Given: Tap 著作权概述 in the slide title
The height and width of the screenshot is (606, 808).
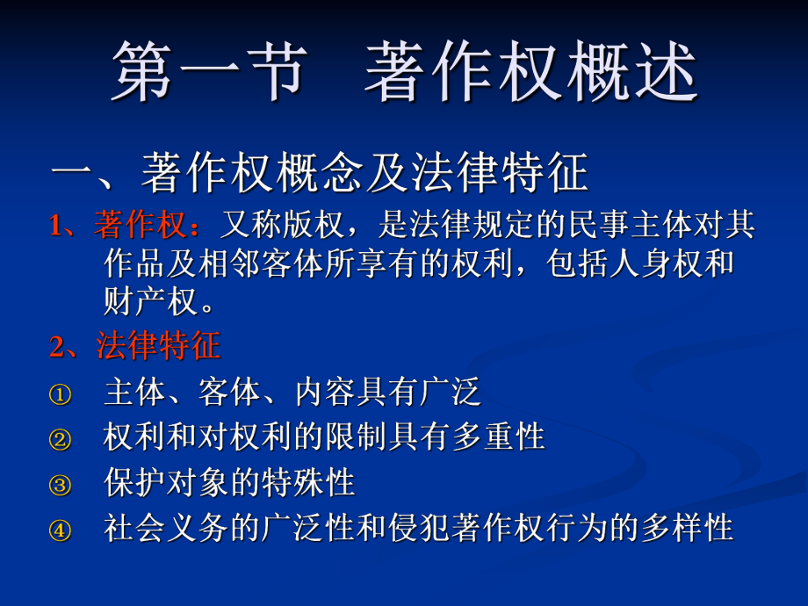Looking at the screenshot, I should pos(531,72).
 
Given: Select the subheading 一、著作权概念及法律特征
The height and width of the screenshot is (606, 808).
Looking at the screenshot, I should pos(320,175).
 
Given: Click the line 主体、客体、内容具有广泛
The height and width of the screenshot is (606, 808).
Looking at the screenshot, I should pos(292,393).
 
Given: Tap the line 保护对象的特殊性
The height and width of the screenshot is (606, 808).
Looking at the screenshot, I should pos(229,483).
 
